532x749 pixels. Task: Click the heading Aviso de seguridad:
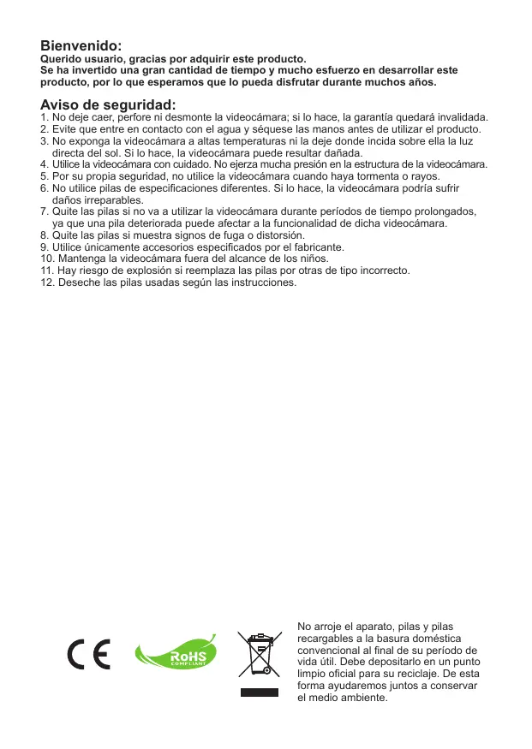(101, 105)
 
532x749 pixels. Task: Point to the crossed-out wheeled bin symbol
(260, 654)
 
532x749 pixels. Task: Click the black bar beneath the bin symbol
(260, 691)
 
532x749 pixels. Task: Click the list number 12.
(47, 282)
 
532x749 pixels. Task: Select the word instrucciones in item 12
(257, 282)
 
